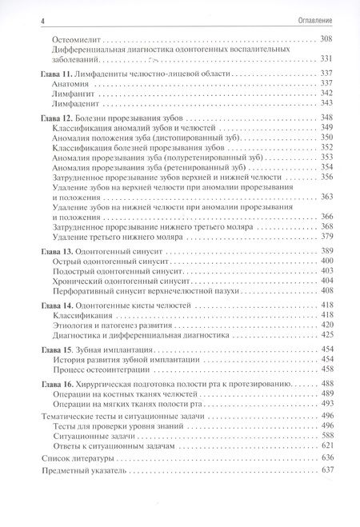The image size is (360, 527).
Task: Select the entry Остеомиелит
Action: coord(75,38)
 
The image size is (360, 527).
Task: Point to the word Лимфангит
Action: coord(73,93)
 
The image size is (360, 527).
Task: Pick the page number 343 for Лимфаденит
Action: coord(326,103)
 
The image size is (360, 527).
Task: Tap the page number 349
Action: coord(326,128)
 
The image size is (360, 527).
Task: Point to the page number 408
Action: coord(326,292)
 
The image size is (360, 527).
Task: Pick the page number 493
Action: coord(326,405)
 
